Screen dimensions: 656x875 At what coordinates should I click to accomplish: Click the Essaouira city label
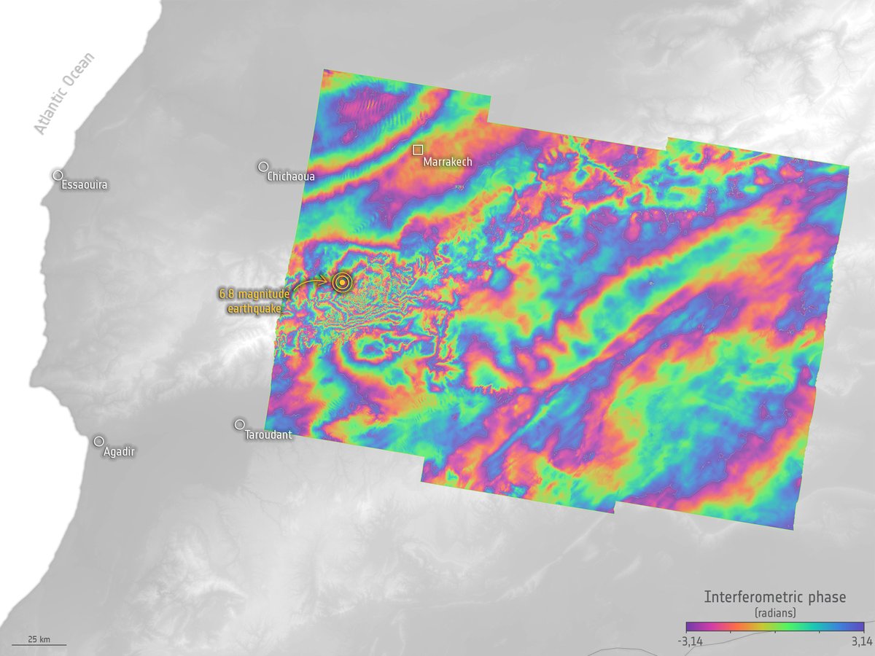tap(85, 186)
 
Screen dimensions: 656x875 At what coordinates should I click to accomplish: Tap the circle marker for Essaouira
tap(58, 175)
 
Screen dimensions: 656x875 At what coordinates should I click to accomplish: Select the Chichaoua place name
tap(291, 176)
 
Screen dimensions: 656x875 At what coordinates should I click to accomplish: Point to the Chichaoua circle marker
tap(263, 167)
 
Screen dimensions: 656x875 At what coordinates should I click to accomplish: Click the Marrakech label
tap(448, 162)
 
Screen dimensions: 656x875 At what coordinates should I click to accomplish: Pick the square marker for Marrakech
tap(418, 149)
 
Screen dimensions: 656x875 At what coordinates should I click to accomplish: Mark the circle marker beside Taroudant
tap(239, 424)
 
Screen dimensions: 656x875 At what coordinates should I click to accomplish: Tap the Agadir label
tap(119, 452)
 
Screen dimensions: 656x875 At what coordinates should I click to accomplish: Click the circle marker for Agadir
tap(98, 441)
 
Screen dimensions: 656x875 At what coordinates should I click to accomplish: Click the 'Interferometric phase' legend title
tap(774, 597)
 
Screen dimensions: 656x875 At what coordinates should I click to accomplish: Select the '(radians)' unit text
tap(774, 613)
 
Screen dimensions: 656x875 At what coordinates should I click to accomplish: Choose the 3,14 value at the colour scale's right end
tap(861, 641)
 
